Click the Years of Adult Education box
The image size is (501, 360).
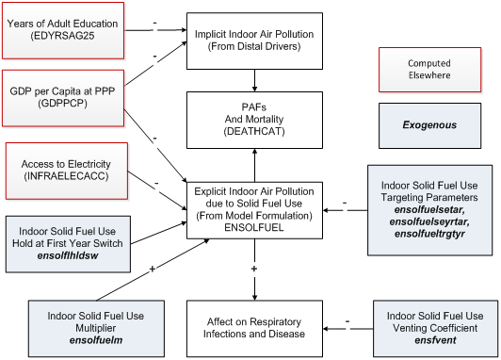[x=66, y=28]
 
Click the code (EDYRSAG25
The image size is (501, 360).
[x=66, y=36]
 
